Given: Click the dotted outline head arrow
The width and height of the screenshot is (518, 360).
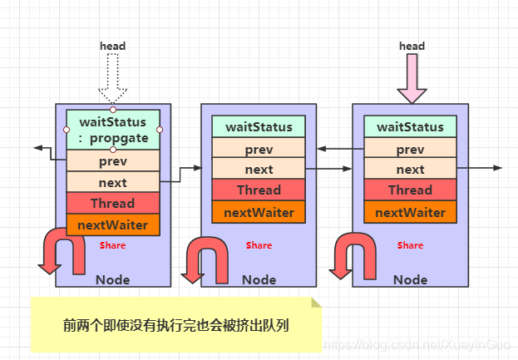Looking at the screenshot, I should [112, 80].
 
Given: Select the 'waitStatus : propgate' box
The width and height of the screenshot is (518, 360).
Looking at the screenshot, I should [112, 130].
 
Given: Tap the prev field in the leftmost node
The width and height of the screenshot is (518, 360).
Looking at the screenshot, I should [112, 160].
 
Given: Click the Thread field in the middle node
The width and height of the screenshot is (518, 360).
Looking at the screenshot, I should [259, 190].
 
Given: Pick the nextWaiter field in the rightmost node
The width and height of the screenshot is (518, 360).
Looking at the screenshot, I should [410, 212].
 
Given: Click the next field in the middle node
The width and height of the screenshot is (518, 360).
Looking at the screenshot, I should [259, 169].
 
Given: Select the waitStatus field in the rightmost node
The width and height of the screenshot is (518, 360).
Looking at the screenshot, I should [410, 127].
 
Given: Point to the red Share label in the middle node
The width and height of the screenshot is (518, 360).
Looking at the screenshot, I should [259, 245].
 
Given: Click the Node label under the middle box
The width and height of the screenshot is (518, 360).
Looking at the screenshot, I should [259, 279].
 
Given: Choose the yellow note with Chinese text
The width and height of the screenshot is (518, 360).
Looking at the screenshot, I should [175, 323].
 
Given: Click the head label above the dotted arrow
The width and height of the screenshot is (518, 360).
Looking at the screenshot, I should [112, 46].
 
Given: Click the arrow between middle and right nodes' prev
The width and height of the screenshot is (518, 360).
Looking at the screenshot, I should [335, 149].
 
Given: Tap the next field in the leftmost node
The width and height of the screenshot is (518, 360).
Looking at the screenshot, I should [112, 182].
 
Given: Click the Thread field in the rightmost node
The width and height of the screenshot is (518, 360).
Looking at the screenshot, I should [410, 190].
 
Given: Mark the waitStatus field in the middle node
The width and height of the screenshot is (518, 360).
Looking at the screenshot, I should [259, 127].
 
